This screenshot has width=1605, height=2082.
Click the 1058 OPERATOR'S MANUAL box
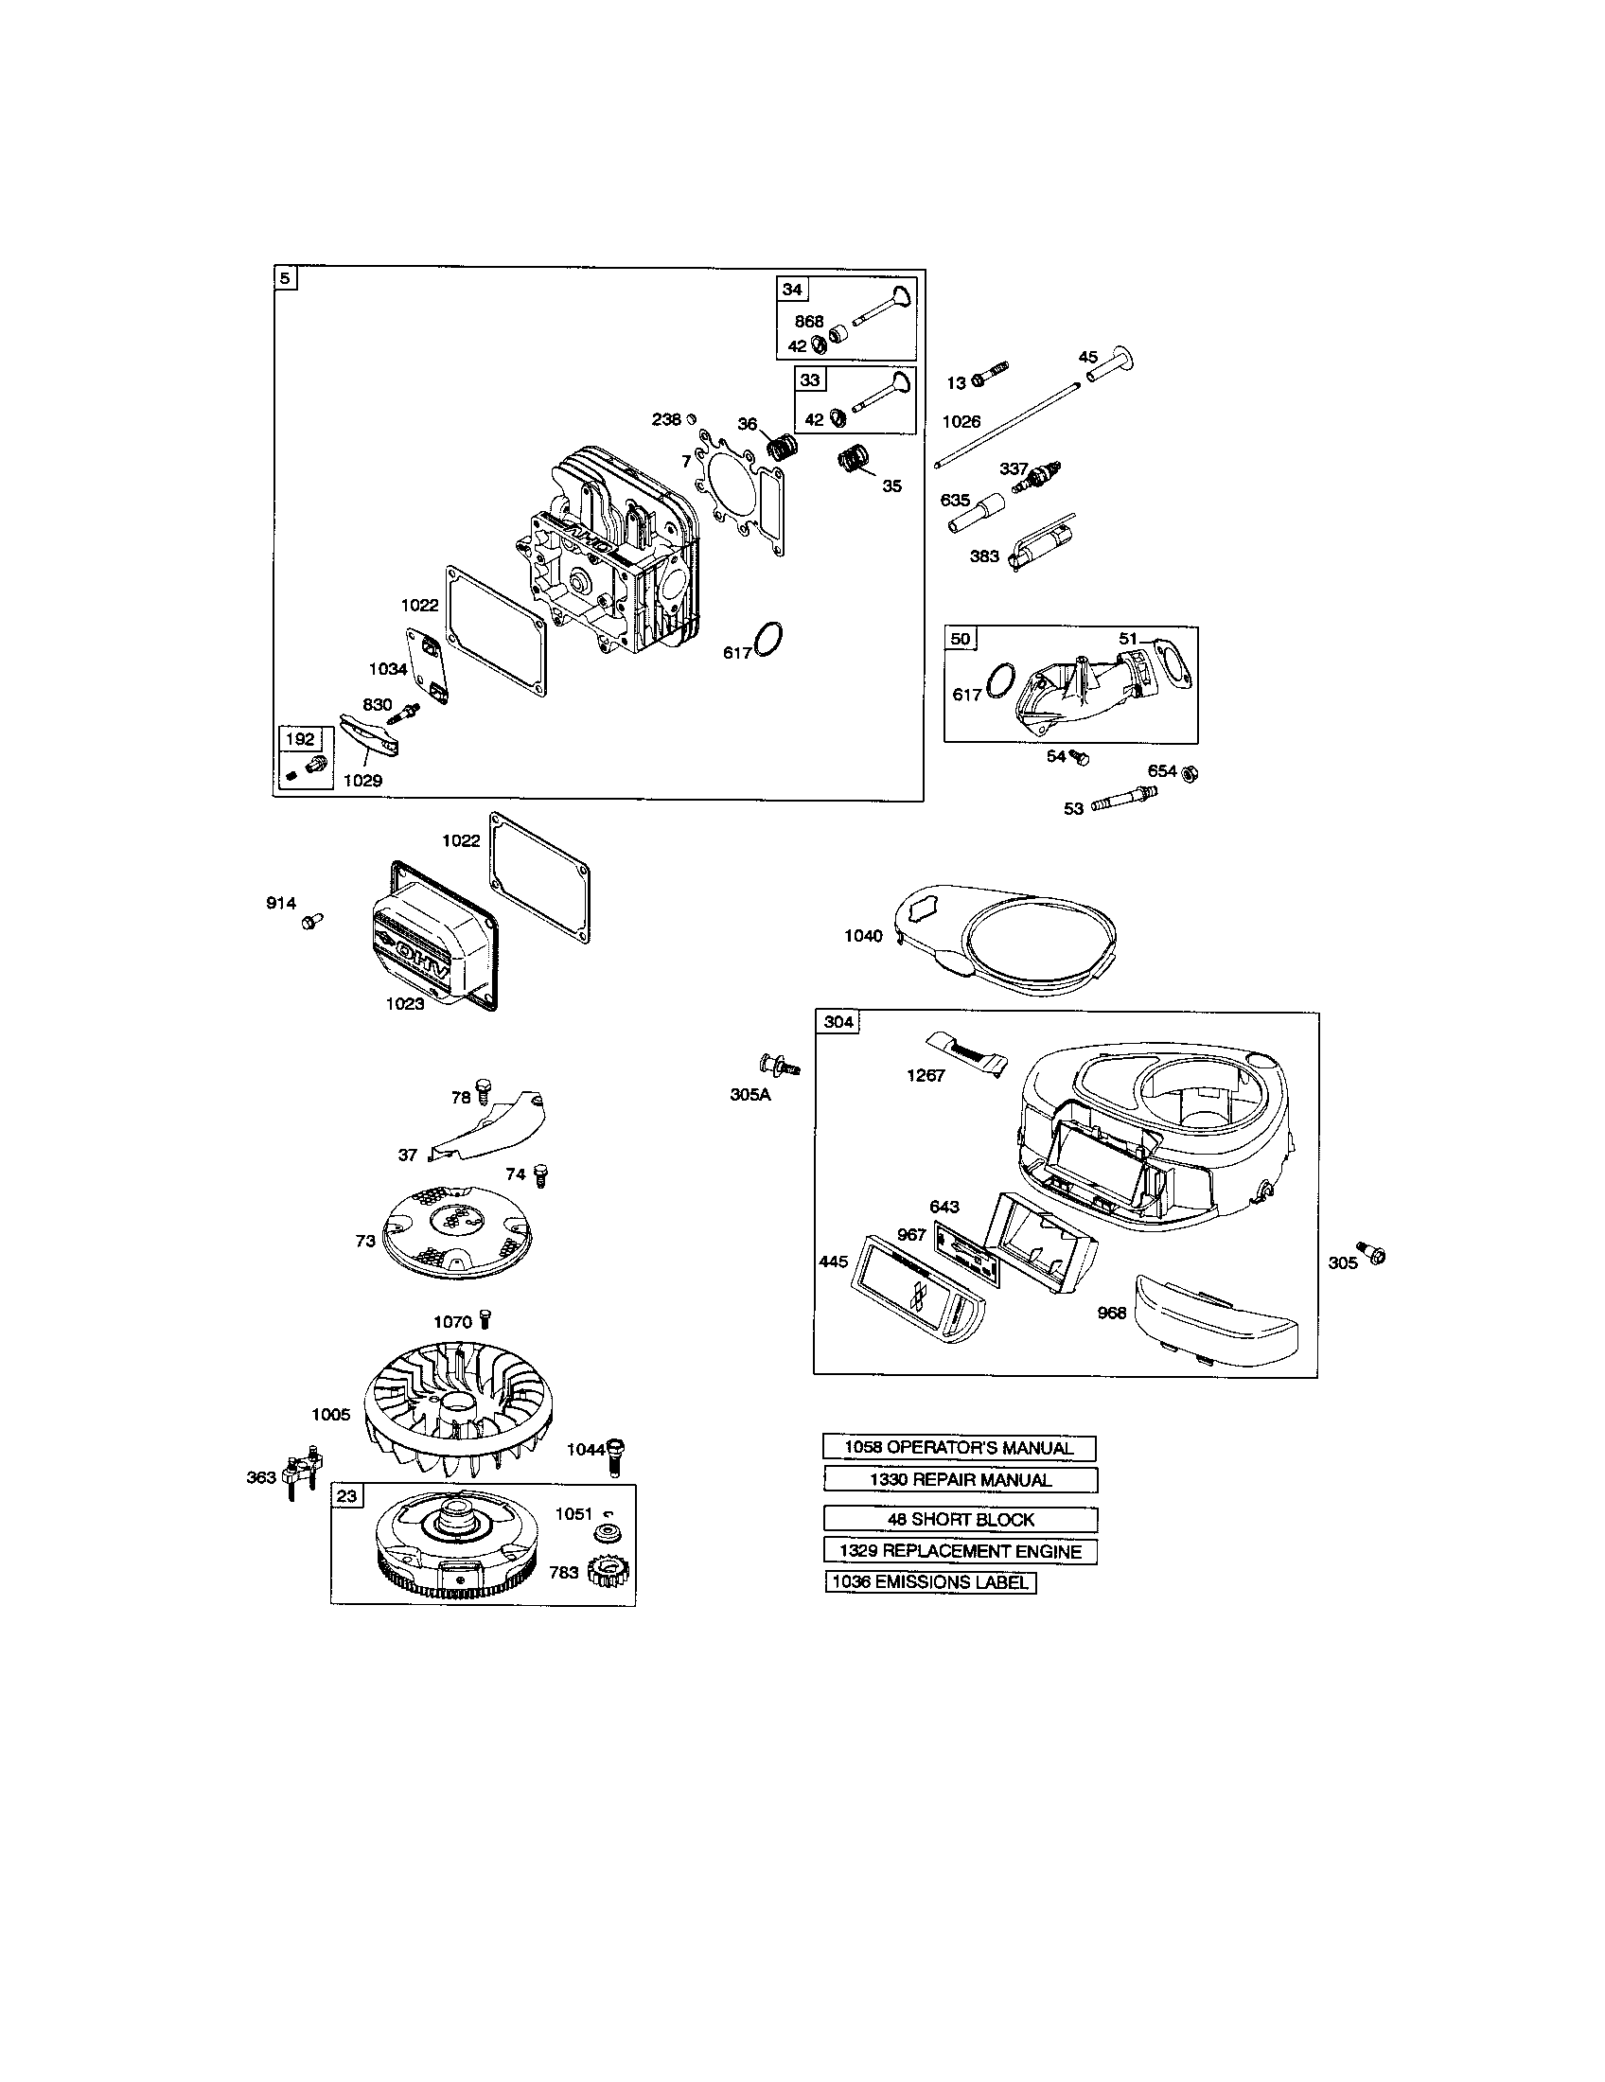tap(959, 1447)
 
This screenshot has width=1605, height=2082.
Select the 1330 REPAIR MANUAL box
tap(960, 1479)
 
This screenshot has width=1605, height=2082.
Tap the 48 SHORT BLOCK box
tap(960, 1520)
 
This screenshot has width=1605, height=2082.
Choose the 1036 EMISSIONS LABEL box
tap(930, 1582)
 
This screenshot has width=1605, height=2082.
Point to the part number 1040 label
tap(862, 935)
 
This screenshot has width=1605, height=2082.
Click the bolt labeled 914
tap(310, 921)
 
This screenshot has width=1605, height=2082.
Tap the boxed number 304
tap(838, 1022)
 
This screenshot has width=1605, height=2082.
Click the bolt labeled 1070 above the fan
tap(488, 1319)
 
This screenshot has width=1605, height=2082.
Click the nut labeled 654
tap(1190, 772)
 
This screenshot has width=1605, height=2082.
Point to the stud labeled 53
tap(1124, 800)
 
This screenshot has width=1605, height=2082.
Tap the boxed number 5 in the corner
tap(284, 278)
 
